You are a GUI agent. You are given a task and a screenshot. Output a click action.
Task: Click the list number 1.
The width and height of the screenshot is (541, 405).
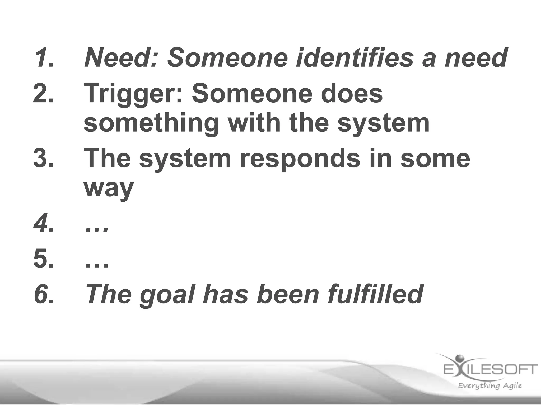[44, 57]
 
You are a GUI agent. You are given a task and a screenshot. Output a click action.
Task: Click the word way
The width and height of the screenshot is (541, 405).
[109, 189]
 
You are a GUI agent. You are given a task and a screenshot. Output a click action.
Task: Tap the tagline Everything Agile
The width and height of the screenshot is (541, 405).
[490, 386]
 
